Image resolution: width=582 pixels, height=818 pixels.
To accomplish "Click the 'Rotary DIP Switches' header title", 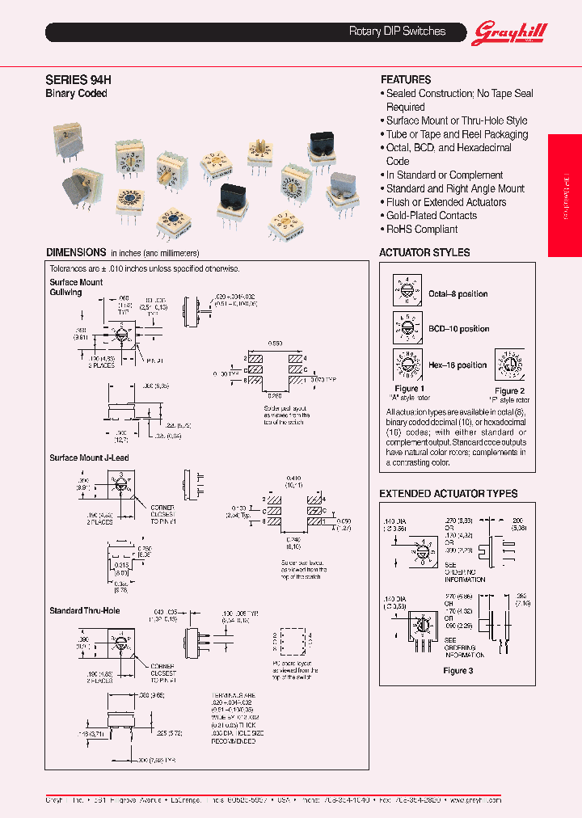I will pos(397,32).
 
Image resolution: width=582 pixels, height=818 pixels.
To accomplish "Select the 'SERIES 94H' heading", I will pos(78,80).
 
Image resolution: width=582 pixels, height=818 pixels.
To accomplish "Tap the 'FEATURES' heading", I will pos(406,80).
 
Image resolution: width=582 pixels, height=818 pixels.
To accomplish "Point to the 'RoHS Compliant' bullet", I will pos(421,230).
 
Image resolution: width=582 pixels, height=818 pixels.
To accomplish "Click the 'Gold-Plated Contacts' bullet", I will pos(431,216).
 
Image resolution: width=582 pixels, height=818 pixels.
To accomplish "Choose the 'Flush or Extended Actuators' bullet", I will pos(445,202).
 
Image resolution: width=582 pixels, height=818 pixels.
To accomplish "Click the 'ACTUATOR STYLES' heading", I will pos(424,253).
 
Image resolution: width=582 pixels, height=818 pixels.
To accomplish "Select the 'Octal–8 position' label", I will pos(458,294).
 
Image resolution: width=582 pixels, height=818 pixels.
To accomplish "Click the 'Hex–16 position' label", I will pos(458,365).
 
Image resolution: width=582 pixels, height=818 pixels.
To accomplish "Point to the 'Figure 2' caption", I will pos(509,391).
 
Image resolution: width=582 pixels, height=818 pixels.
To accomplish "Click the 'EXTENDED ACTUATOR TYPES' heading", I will pos(448,494).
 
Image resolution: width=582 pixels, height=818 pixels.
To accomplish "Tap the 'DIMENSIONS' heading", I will pos(76,252).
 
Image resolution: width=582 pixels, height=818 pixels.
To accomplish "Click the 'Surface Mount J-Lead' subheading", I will pos(89,458).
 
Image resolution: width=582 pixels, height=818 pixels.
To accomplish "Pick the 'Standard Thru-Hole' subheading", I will pos(85,610).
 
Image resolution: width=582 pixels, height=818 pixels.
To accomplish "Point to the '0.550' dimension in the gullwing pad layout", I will pos(277,343).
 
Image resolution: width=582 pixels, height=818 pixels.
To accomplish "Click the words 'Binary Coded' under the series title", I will pos(76,94).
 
